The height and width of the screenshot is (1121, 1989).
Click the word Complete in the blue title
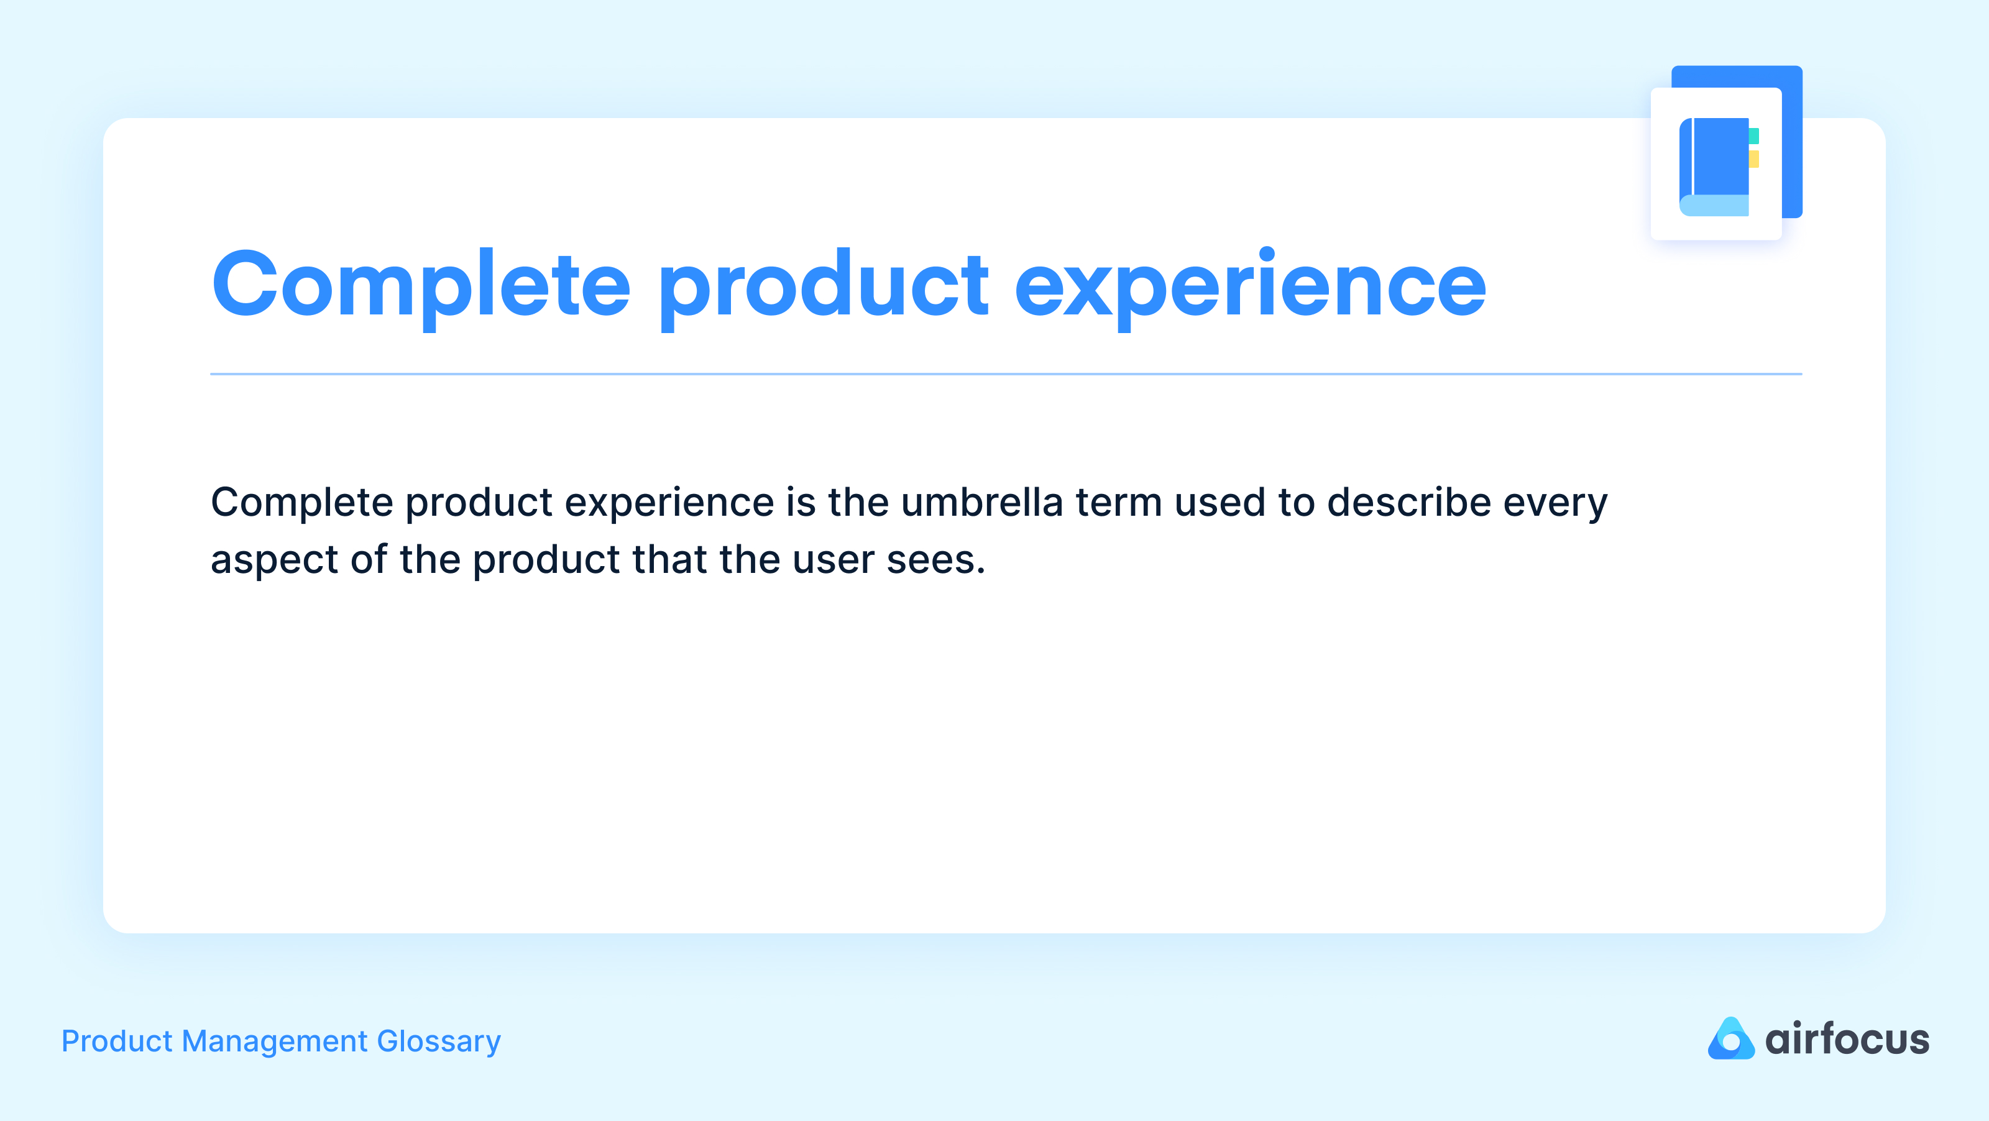(x=421, y=286)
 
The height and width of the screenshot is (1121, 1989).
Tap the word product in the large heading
(x=822, y=286)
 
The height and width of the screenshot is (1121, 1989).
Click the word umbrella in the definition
(x=981, y=503)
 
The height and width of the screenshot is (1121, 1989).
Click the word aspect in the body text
(x=273, y=561)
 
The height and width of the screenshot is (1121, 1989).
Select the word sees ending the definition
(x=934, y=561)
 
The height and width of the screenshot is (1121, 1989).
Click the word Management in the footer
(x=274, y=1041)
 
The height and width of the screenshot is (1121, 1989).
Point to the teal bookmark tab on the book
(x=1753, y=137)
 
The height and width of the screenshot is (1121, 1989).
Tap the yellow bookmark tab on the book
(x=1753, y=159)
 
